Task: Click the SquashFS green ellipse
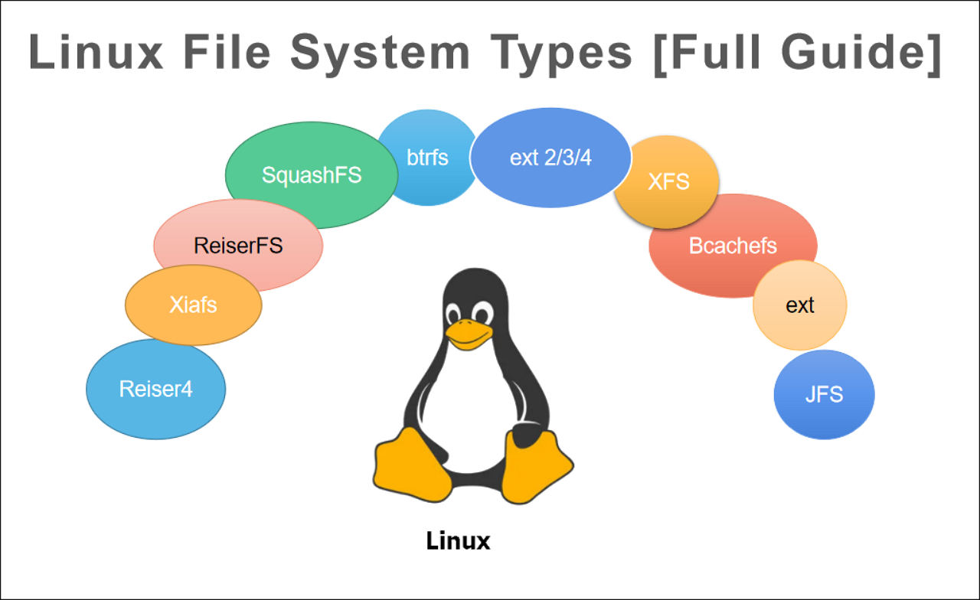click(x=310, y=176)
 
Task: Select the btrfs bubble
click(x=426, y=158)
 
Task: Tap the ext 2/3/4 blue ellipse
click(x=550, y=158)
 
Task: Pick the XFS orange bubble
click(x=668, y=182)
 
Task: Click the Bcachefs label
click(x=733, y=246)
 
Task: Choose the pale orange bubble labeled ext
click(x=799, y=305)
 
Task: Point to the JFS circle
click(x=824, y=395)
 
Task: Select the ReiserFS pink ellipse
click(x=238, y=246)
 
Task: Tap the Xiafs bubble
click(x=193, y=305)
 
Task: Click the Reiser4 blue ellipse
click(x=155, y=390)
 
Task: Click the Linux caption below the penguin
click(x=458, y=542)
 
